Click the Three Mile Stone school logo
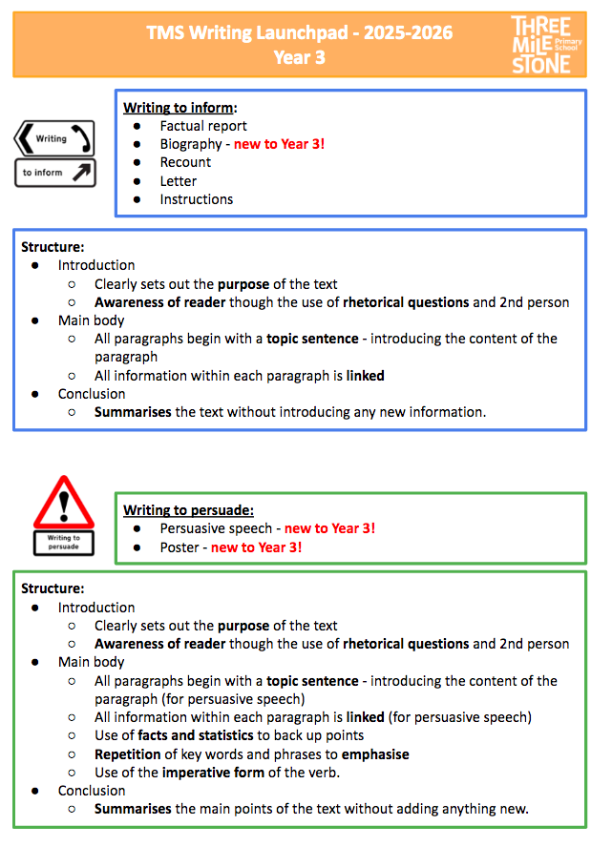(541, 44)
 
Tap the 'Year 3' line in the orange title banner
(299, 57)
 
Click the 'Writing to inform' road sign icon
(54, 154)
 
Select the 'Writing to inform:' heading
(179, 107)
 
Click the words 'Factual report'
(203, 126)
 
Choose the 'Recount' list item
(185, 162)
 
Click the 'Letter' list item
(179, 181)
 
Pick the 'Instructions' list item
(197, 199)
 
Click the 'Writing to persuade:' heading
(188, 510)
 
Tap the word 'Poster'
(180, 547)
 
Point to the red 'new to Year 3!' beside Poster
(256, 547)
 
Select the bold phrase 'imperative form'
(211, 773)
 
